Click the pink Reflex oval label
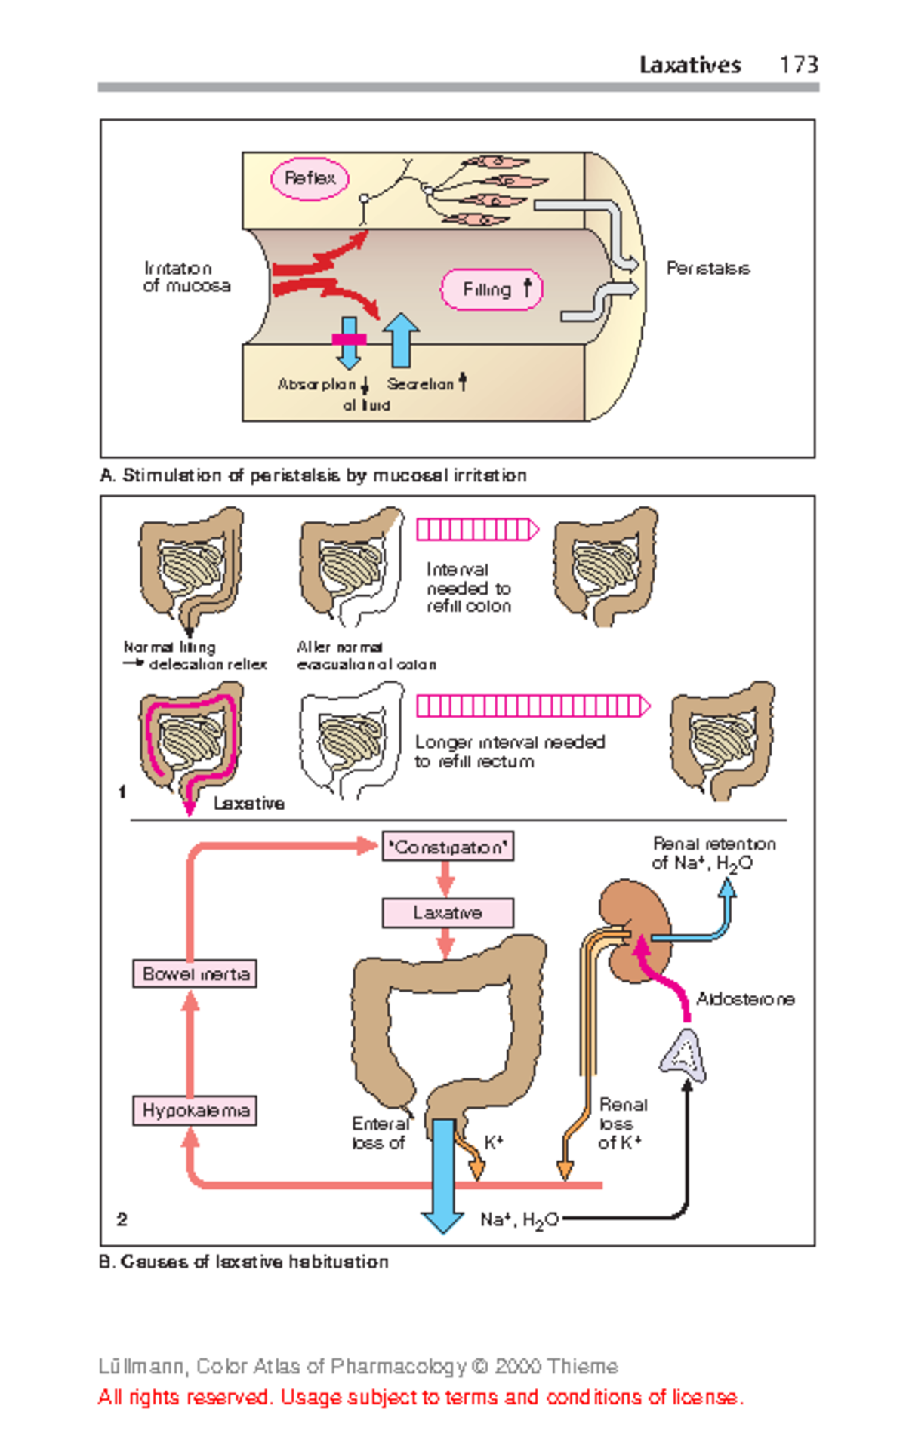[310, 179]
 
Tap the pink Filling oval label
[492, 289]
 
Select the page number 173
[799, 65]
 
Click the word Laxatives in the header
[690, 65]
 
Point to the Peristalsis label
[707, 269]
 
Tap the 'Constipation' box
[448, 847]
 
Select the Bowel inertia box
[195, 973]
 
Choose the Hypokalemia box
[195, 1110]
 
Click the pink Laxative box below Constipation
[448, 912]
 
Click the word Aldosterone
[744, 999]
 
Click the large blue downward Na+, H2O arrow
[442, 1177]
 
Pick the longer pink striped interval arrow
[532, 706]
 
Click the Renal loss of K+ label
[621, 1124]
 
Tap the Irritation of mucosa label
[186, 277]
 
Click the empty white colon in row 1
[352, 740]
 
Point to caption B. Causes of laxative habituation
[244, 1262]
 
